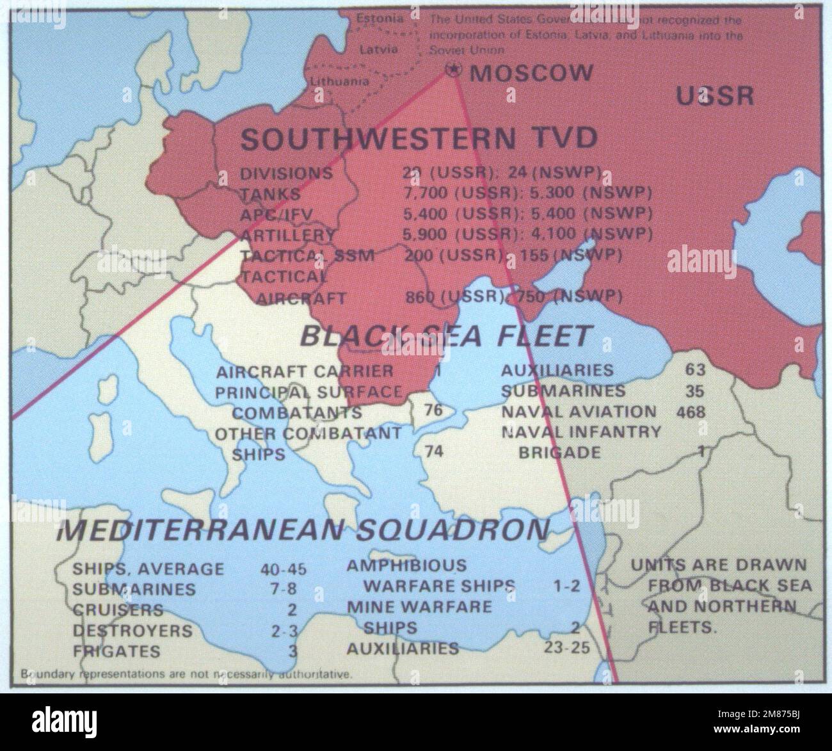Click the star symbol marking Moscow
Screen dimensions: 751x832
(453, 71)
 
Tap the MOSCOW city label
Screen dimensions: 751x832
(531, 72)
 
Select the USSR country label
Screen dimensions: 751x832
(715, 96)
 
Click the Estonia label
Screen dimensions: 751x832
(380, 19)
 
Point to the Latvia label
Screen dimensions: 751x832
(378, 49)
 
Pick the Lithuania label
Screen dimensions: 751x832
(340, 81)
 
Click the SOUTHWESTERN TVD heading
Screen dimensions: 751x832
(419, 138)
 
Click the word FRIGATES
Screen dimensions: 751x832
(116, 651)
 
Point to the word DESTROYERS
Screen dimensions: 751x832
(132, 631)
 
